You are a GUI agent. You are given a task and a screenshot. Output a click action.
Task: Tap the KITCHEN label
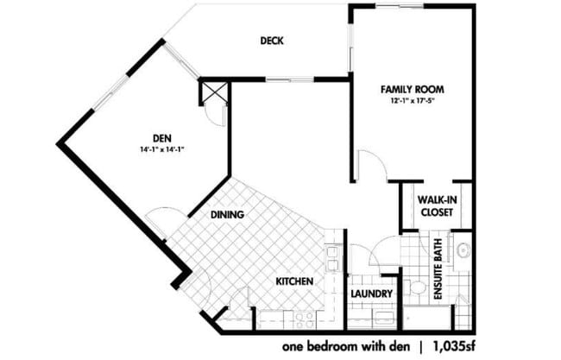[293, 282]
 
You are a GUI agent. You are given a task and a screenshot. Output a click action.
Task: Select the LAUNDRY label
[372, 294]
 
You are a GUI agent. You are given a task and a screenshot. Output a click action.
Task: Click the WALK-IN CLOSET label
[438, 205]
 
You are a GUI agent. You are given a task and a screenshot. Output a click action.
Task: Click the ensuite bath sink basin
[463, 252]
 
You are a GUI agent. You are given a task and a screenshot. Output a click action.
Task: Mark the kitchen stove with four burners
[303, 319]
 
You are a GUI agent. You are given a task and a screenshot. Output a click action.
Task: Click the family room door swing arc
[367, 164]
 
